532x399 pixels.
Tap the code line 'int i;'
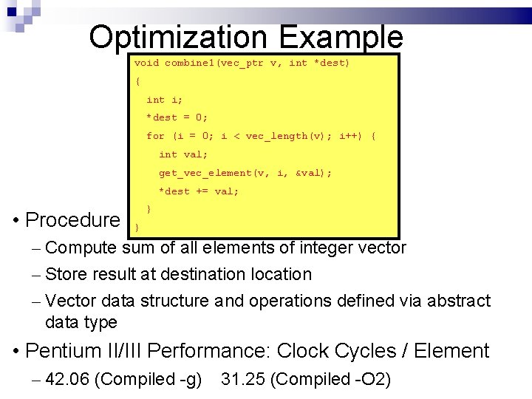click(x=166, y=100)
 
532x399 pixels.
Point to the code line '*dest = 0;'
click(x=177, y=117)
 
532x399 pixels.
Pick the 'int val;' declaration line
click(x=184, y=154)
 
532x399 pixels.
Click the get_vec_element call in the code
click(x=205, y=173)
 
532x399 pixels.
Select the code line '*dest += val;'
click(x=199, y=191)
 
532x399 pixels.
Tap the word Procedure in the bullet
click(x=72, y=220)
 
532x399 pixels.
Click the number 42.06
click(x=68, y=380)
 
